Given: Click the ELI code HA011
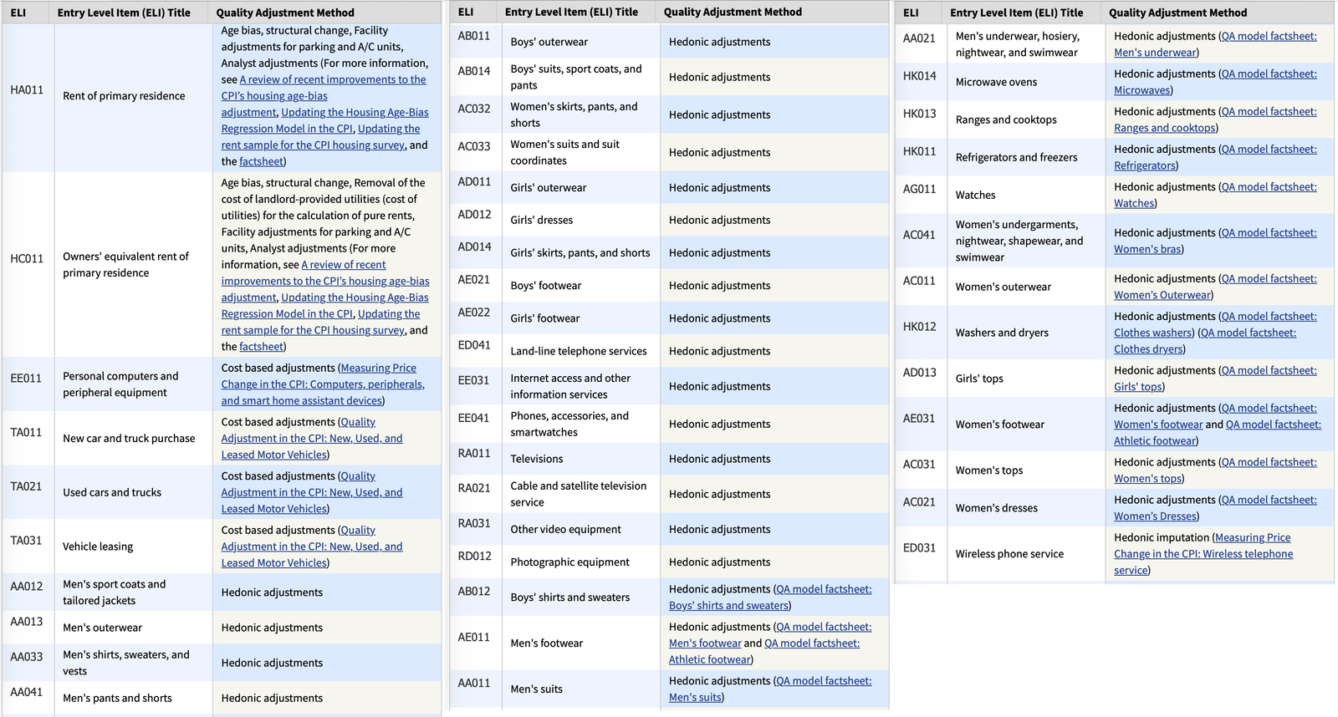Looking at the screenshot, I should pyautogui.click(x=27, y=90).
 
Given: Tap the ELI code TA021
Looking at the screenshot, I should pyautogui.click(x=26, y=486).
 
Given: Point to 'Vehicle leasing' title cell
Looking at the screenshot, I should pyautogui.click(x=98, y=547).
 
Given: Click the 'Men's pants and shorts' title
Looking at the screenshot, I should pyautogui.click(x=117, y=698).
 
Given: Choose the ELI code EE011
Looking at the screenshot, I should pyautogui.click(x=26, y=379).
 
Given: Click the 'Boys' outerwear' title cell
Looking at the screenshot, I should pyautogui.click(x=549, y=42).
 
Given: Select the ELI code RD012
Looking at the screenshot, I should pyautogui.click(x=474, y=556).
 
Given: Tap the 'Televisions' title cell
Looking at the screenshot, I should pyautogui.click(x=536, y=459).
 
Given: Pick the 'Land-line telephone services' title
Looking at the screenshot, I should pyautogui.click(x=579, y=351).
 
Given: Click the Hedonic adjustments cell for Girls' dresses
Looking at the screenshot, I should pyautogui.click(x=719, y=220).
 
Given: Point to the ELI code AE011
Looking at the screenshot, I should pyautogui.click(x=474, y=637).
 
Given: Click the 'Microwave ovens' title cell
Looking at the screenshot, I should pyautogui.click(x=996, y=82).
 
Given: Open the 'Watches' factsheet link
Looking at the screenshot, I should pyautogui.click(x=1134, y=203).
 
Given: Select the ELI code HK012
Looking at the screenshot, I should pyautogui.click(x=919, y=327).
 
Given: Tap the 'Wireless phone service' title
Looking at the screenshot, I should pyautogui.click(x=1009, y=554).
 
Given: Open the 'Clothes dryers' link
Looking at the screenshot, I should pyautogui.click(x=1148, y=349).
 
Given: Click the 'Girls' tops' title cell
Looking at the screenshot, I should pyautogui.click(x=979, y=379).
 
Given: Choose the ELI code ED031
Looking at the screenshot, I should pyautogui.click(x=919, y=548).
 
